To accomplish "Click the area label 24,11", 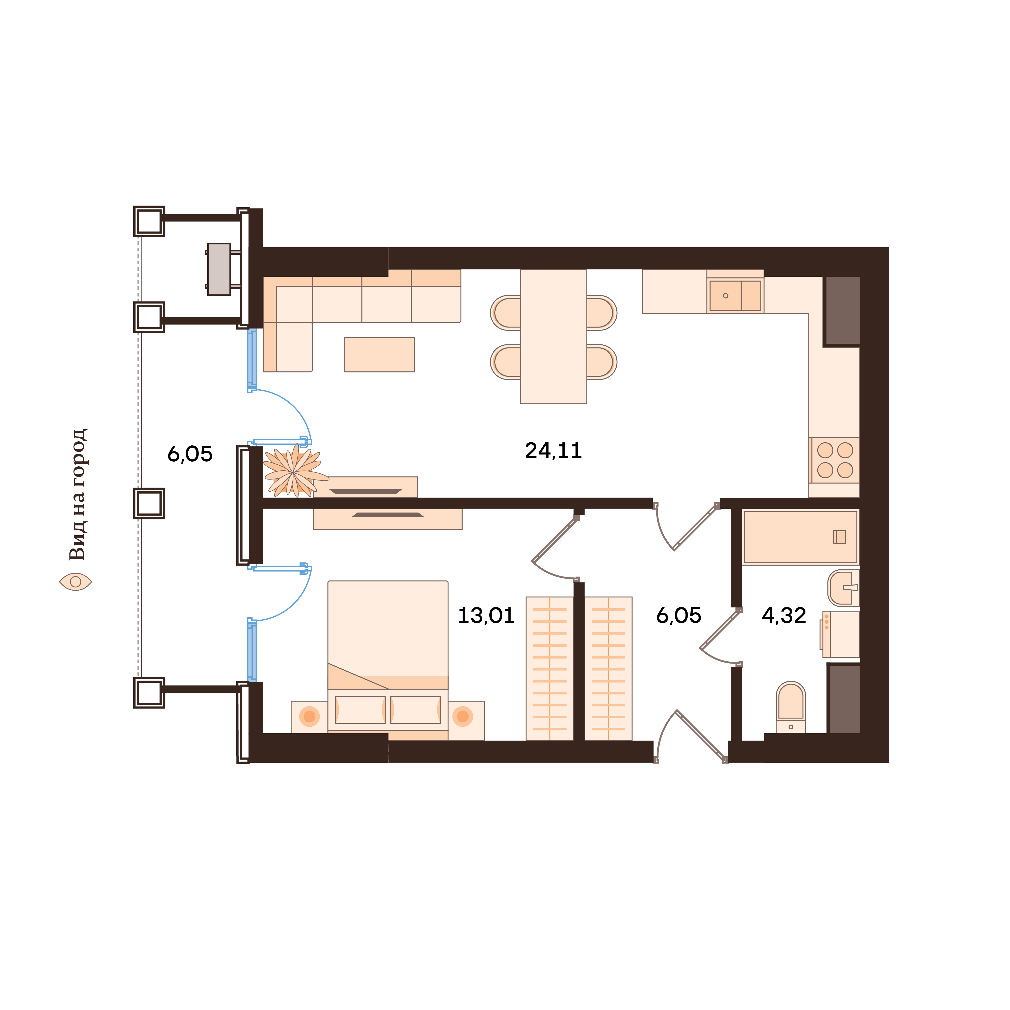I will coord(553,451).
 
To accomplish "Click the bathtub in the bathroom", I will coord(800,537).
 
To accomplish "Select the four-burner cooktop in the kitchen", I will coord(835,460).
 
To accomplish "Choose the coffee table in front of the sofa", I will coord(380,355).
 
